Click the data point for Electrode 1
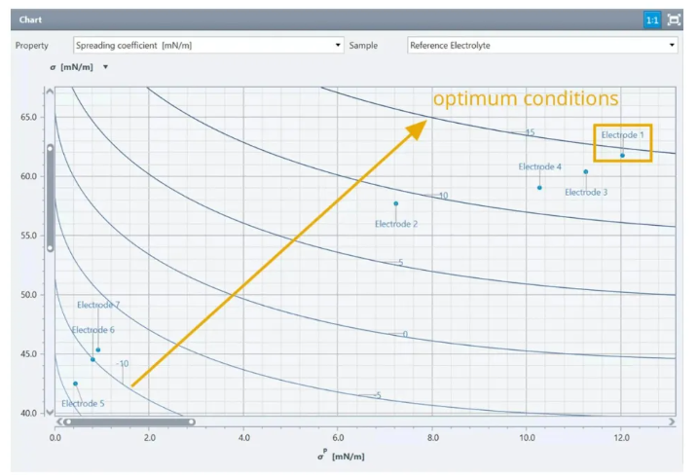point(622,155)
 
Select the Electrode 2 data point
point(396,203)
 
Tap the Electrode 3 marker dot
point(586,172)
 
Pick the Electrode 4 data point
point(540,187)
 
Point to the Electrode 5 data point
point(75,384)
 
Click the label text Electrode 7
point(98,305)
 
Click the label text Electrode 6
point(92,330)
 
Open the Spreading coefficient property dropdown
point(209,45)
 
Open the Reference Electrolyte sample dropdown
point(541,45)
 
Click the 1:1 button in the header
point(651,19)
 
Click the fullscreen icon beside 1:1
point(674,19)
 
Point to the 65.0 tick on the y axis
point(27,117)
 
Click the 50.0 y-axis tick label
point(27,295)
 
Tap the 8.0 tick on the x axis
point(431,437)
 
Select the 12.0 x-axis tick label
point(620,437)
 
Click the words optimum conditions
point(526,99)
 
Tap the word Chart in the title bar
point(30,19)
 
